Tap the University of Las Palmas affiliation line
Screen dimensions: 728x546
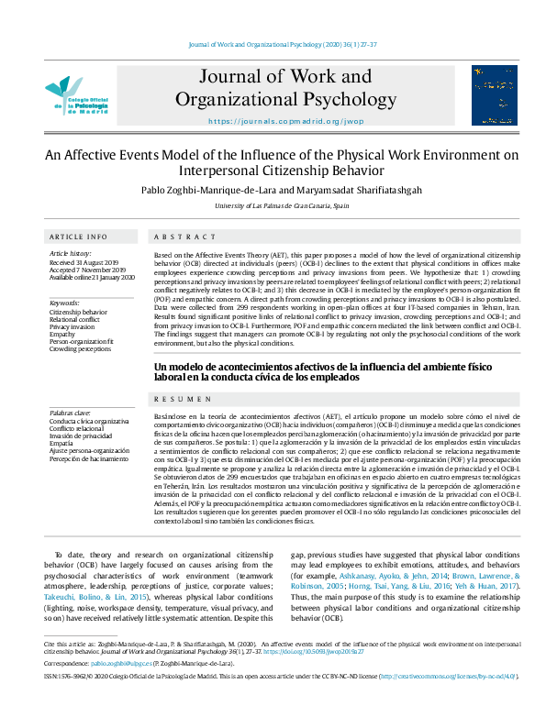pos(273,207)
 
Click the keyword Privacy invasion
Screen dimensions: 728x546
pos(72,326)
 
